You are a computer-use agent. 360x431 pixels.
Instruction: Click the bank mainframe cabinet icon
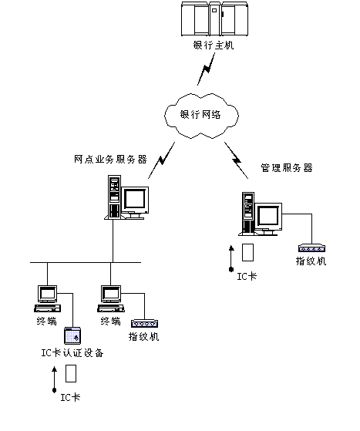(214, 19)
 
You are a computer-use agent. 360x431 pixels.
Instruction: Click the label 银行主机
(214, 45)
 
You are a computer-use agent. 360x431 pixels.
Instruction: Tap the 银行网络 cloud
(201, 116)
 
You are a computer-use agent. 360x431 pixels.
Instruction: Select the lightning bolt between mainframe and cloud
(206, 69)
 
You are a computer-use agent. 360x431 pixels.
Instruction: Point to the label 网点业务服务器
(110, 159)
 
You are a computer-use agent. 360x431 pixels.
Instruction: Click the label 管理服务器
(287, 167)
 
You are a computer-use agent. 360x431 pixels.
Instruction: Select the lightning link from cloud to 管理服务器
(237, 160)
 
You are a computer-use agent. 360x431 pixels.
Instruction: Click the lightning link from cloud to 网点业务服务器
(162, 160)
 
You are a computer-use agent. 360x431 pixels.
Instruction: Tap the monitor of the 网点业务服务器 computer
(135, 200)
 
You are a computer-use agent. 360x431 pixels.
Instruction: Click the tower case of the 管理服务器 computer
(248, 213)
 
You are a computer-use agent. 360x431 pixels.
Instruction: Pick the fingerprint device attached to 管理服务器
(312, 248)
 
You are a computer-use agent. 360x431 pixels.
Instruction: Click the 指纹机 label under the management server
(311, 261)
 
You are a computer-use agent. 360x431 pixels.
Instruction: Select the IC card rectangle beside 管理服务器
(247, 252)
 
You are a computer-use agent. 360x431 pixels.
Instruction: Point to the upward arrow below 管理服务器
(231, 258)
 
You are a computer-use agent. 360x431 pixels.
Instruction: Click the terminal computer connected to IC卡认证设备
(47, 298)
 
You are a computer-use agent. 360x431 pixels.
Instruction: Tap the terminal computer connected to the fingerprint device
(111, 298)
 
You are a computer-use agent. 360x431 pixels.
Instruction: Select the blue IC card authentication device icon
(72, 335)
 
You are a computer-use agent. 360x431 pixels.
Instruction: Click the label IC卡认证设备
(72, 352)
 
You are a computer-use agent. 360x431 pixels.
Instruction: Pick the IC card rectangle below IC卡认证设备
(71, 373)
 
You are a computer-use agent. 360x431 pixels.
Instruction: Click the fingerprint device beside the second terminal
(145, 324)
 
